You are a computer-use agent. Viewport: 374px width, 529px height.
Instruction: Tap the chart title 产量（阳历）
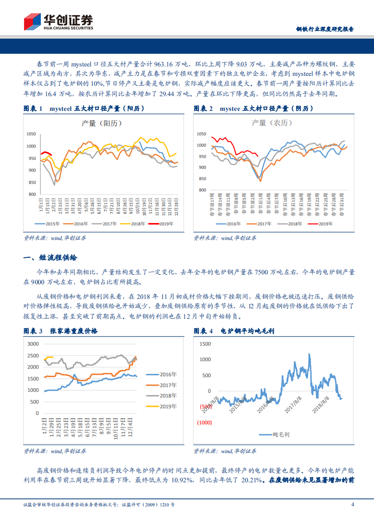coord(102,124)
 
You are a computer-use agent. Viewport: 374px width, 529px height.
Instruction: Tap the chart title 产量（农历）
coord(272,124)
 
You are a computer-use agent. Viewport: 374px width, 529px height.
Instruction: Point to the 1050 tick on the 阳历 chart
coord(32,134)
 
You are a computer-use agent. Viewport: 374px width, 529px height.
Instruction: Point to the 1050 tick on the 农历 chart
coord(201,133)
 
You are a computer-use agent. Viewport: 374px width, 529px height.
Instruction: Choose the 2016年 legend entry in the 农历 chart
coord(231,223)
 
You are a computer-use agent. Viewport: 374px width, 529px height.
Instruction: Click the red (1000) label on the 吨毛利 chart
coord(204,422)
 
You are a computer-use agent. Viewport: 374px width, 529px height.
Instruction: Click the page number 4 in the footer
coord(352,505)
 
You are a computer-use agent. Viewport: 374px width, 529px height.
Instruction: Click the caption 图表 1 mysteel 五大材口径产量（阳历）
coord(84,109)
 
